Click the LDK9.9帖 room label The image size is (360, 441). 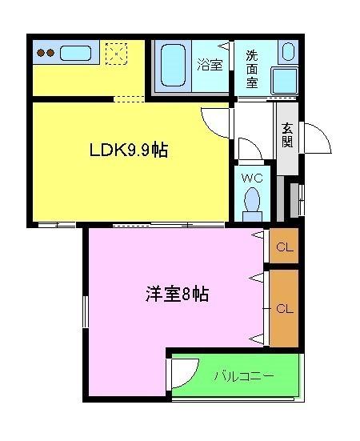(x=127, y=150)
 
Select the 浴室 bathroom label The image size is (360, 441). (x=210, y=65)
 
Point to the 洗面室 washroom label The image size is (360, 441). (x=252, y=68)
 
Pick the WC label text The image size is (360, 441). (x=251, y=178)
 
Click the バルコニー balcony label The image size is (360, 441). (x=245, y=375)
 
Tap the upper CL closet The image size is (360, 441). (x=284, y=247)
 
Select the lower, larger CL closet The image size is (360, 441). (x=284, y=308)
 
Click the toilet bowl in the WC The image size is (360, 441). (x=253, y=200)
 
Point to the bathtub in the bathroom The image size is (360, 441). (x=173, y=66)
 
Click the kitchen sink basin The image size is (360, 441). (x=76, y=54)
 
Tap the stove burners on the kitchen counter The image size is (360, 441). (x=46, y=54)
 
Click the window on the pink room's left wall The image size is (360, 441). (x=84, y=313)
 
